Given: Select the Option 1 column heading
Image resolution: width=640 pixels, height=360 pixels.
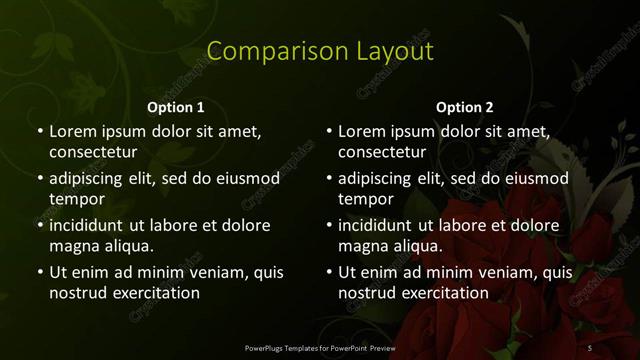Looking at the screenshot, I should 176,107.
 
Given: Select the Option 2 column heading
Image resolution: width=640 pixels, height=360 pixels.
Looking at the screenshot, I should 465,107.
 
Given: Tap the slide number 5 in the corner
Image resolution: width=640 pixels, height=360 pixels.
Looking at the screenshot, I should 590,347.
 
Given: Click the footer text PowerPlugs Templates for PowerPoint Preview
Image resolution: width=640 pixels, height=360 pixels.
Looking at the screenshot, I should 320,347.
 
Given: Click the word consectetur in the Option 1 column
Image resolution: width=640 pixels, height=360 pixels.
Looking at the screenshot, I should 93,152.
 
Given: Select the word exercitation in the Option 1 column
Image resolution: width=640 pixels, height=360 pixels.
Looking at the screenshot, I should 153,293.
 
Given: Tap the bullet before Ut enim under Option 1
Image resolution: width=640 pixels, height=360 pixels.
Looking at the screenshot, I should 39,272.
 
